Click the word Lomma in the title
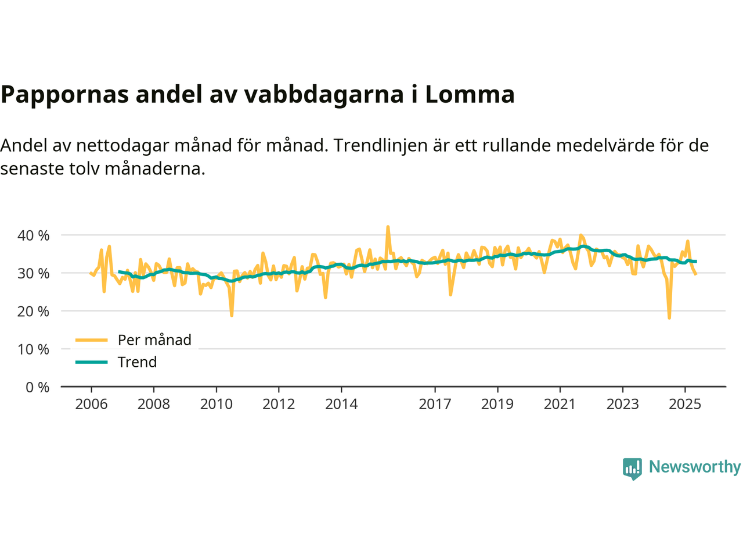(x=470, y=94)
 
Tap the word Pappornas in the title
(x=64, y=94)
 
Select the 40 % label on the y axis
(x=34, y=235)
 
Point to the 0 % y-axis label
(x=37, y=387)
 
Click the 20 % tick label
(x=34, y=312)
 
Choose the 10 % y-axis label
(x=34, y=349)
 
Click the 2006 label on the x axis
(x=91, y=404)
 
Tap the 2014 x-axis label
(x=341, y=404)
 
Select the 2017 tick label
(x=435, y=404)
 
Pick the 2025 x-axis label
(x=685, y=404)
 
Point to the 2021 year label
(x=560, y=404)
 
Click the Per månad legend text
(x=154, y=340)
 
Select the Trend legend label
(x=137, y=362)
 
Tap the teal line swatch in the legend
(x=92, y=362)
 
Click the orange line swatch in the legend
(x=92, y=340)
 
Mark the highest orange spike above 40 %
(x=388, y=227)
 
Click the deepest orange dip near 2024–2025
(x=669, y=317)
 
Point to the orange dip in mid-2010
(x=232, y=315)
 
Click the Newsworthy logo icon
(x=632, y=468)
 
